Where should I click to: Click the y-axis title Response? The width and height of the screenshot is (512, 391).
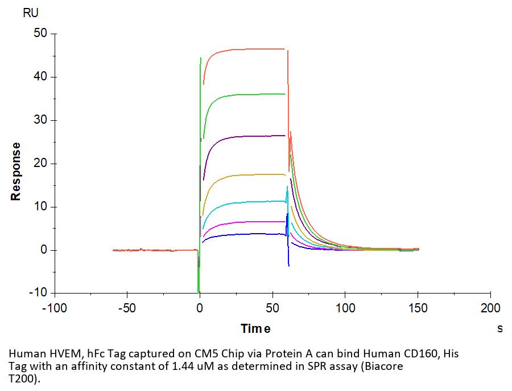16,171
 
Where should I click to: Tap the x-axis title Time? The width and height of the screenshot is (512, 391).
255,328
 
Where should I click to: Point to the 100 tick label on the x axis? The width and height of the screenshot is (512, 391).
345,308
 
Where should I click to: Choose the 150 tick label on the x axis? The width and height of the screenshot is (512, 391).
418,308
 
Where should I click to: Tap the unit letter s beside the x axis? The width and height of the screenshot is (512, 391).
500,328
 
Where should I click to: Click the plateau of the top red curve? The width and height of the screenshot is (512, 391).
250,50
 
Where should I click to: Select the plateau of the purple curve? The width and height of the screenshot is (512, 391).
250,136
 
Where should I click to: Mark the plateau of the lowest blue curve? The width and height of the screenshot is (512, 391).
250,234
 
